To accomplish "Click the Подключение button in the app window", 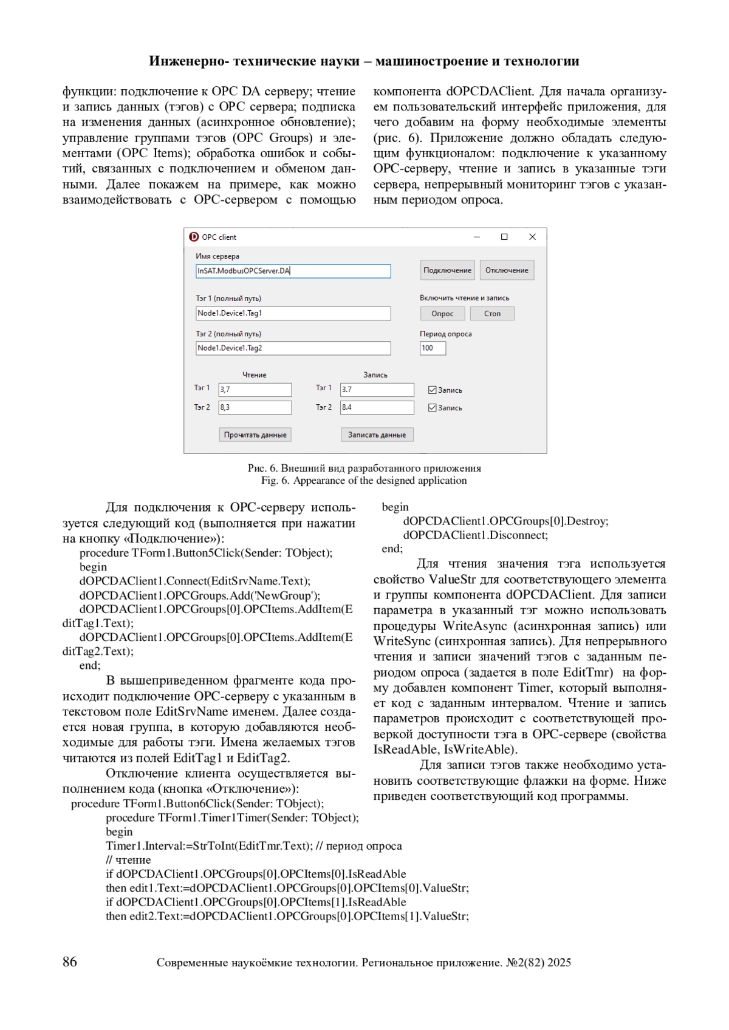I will (447, 270).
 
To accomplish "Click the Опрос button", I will (442, 313).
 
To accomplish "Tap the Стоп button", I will (492, 313).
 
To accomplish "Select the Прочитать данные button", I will (255, 435).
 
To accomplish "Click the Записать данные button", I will (377, 435).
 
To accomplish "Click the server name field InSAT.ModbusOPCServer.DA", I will (293, 271).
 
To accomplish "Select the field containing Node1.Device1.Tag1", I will (293, 313).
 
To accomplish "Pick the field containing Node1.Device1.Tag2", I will (293, 348).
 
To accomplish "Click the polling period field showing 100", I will (433, 348).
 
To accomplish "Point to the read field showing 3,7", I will (255, 390).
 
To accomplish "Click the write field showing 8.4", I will (377, 407).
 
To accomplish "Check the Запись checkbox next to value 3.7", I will (433, 390).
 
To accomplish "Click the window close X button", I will (532, 237).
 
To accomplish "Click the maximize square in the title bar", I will (504, 237).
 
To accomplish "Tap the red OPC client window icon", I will (194, 237).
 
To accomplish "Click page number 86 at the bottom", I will (70, 961).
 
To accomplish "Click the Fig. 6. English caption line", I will (364, 481).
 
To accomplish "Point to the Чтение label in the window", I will (255, 375).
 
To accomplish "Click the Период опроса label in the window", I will (445, 334).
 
